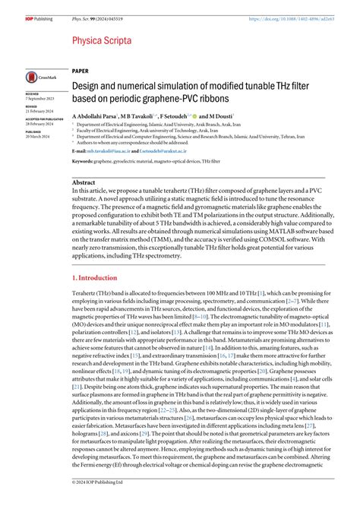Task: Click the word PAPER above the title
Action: [81, 70]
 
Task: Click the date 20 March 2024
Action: [39, 132]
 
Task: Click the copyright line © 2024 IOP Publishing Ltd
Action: [99, 503]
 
